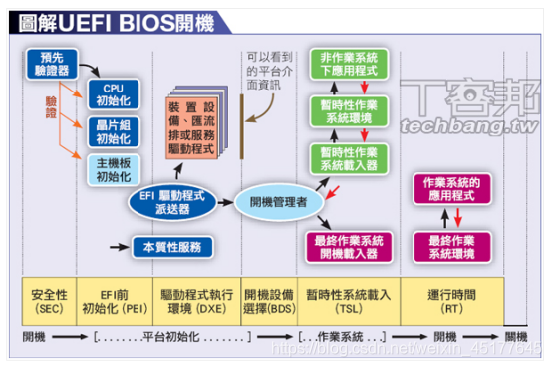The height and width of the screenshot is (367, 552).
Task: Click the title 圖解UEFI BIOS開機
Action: click(x=110, y=19)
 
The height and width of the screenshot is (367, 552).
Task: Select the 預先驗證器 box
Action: click(x=49, y=66)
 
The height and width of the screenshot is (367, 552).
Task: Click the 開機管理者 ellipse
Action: click(x=279, y=202)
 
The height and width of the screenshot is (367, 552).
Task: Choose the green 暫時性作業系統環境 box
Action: click(x=344, y=111)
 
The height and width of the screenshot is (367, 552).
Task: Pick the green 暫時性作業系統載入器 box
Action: click(x=344, y=158)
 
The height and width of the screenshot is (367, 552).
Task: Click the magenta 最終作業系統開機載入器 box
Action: click(x=344, y=244)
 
